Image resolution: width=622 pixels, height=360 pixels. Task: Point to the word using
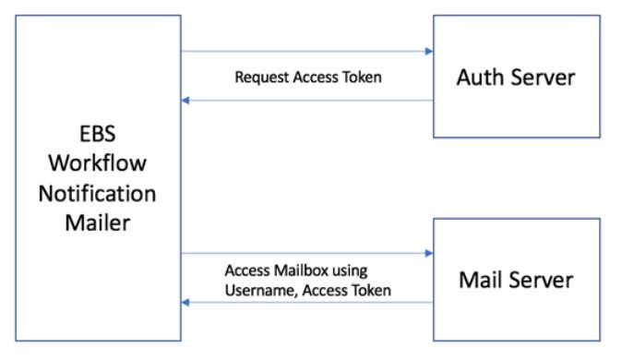click(350, 270)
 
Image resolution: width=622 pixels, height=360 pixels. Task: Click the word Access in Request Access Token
click(314, 78)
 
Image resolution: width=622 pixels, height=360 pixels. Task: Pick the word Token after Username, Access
click(371, 290)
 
